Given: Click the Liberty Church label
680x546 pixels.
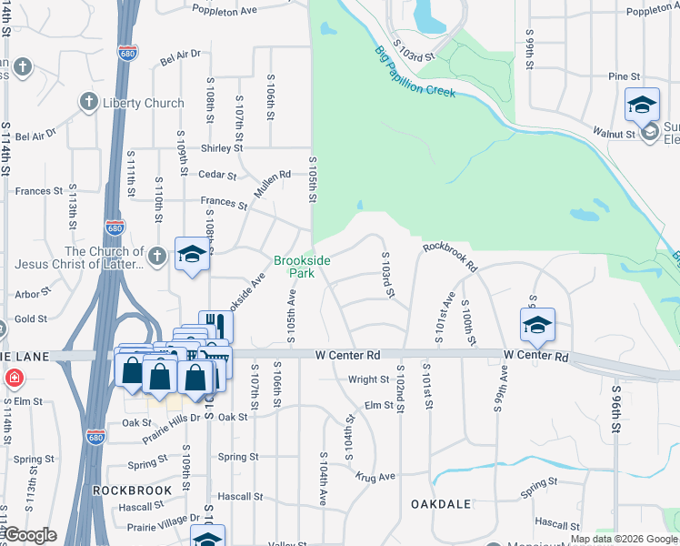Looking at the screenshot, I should coord(143,103).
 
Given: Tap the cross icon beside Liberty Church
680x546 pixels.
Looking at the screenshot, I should coord(89,102).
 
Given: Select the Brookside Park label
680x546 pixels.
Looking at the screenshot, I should coord(302,266).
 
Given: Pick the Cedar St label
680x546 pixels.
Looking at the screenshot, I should coord(217,175).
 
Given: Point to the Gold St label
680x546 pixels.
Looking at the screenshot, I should coord(31,319).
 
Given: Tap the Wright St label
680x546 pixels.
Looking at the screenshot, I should coord(368,379).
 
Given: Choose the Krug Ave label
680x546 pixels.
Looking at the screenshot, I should coord(375,477).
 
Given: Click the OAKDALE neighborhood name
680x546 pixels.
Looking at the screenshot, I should coord(440,503).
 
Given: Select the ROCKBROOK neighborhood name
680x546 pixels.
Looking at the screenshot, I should coord(132,490).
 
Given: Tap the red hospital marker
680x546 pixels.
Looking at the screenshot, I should coord(15,378).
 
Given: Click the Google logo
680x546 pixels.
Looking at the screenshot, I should coord(29,535).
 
